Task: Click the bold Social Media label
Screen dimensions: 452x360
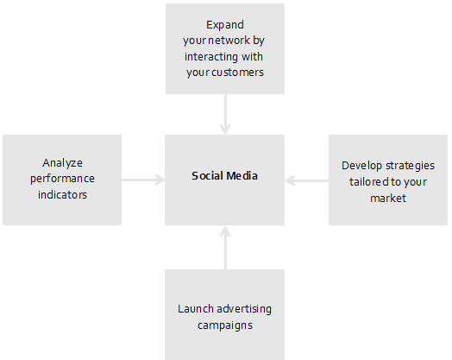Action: click(224, 175)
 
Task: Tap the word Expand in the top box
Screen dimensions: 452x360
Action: click(225, 25)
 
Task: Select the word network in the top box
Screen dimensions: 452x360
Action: click(233, 40)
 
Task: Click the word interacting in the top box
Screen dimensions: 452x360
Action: click(211, 57)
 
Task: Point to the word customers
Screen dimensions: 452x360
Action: click(237, 73)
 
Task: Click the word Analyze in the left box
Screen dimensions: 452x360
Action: click(63, 163)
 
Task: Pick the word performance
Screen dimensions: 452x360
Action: click(63, 179)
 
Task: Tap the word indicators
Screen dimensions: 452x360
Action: click(63, 195)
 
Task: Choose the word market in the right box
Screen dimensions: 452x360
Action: click(388, 199)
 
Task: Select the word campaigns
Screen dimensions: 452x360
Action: click(225, 325)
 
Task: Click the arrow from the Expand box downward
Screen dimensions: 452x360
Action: click(225, 114)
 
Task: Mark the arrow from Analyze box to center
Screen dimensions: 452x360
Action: click(143, 180)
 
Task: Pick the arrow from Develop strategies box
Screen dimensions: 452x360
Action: click(307, 181)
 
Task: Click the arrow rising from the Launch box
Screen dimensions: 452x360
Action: click(225, 248)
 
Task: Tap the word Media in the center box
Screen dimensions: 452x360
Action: click(242, 175)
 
